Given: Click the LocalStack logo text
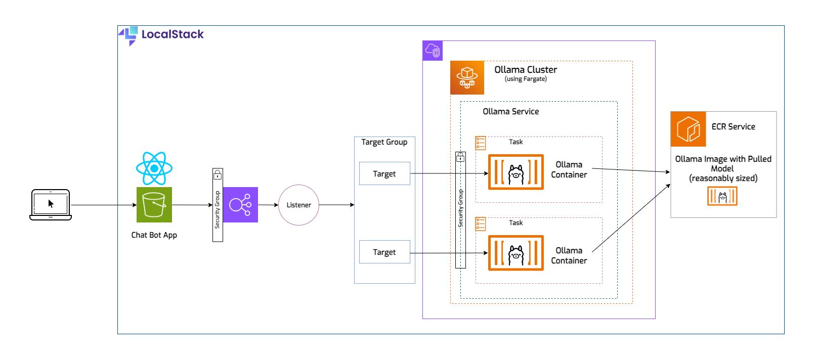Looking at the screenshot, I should [x=172, y=34].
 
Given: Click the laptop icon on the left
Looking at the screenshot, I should [x=51, y=205].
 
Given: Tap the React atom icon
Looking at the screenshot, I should [x=154, y=168].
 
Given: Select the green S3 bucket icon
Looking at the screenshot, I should [x=154, y=205].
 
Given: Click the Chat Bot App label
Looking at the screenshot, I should [x=154, y=235].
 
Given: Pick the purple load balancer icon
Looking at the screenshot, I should [x=240, y=205].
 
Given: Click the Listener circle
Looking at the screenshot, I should [x=298, y=205].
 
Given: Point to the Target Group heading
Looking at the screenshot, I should [x=384, y=142].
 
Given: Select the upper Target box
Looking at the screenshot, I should [x=384, y=173].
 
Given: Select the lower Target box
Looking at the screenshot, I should [x=384, y=252].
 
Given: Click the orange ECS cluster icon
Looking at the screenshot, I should [x=467, y=78].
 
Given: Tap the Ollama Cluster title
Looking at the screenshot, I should [x=526, y=70].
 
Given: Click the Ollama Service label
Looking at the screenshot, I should [x=510, y=112].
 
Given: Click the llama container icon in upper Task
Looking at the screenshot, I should [x=516, y=172].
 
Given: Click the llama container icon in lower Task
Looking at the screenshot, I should [x=516, y=253].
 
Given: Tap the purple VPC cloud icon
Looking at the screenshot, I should [x=433, y=51].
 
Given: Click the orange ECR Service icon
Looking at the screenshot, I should [x=688, y=129].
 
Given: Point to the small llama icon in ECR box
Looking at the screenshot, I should [x=722, y=196].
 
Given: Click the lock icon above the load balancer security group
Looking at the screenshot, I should [x=218, y=175].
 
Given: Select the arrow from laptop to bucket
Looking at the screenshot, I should [x=104, y=205].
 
